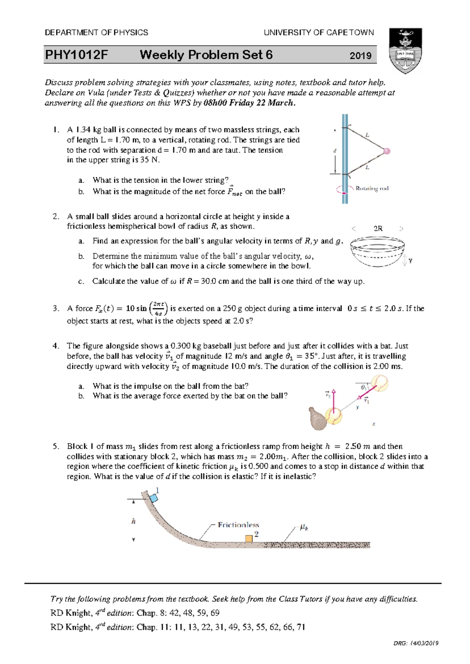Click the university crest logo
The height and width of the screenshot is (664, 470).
[x=405, y=51]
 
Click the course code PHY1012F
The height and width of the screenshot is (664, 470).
[x=76, y=55]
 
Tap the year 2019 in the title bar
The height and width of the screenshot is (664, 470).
[x=360, y=56]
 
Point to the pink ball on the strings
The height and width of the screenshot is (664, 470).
[x=387, y=151]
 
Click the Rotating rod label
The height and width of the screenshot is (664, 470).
[x=372, y=188]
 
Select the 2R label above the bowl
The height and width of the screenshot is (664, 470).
[x=378, y=229]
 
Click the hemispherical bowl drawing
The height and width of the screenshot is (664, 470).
[x=377, y=252]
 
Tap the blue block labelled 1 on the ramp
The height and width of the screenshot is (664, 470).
[x=154, y=498]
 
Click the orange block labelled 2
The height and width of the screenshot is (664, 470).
[x=249, y=539]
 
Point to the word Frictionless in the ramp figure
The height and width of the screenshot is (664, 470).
[x=238, y=525]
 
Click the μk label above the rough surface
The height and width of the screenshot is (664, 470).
[x=304, y=527]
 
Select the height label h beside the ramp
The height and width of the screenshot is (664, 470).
[x=134, y=521]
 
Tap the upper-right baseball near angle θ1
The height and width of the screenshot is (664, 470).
[x=380, y=383]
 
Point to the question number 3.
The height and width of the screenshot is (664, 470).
[x=56, y=309]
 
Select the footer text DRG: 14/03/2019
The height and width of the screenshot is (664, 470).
[x=416, y=643]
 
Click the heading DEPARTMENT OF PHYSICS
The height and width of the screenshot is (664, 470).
[x=96, y=32]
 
